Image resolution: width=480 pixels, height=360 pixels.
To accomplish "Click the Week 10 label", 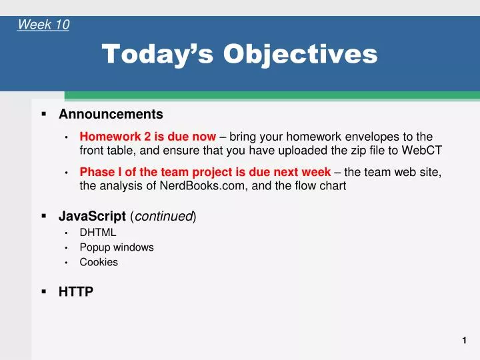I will click(43, 25).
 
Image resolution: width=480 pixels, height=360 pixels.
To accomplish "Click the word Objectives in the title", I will click(300, 53).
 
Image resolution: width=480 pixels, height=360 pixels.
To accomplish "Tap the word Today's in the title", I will click(158, 53).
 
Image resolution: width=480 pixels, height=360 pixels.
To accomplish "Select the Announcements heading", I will click(111, 114).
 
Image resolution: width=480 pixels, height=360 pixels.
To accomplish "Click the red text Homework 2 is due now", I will click(147, 137).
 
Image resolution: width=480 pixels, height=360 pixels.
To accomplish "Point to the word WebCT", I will click(422, 150).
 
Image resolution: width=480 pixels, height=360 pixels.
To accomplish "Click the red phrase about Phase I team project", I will click(205, 173).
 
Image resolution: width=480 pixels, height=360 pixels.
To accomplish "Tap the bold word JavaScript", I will click(92, 216).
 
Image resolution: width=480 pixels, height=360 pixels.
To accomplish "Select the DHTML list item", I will click(97, 232).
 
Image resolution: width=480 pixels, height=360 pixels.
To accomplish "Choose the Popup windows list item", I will click(117, 247).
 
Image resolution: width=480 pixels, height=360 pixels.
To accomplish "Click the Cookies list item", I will click(99, 262).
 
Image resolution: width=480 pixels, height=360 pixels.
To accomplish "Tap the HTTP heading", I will click(76, 291).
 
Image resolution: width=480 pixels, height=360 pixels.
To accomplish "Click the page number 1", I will click(464, 341).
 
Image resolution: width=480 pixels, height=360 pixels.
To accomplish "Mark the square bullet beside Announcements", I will click(43, 114).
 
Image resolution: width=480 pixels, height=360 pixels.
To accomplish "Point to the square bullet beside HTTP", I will click(43, 291).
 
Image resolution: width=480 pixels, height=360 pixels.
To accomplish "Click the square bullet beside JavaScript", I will click(43, 216).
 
